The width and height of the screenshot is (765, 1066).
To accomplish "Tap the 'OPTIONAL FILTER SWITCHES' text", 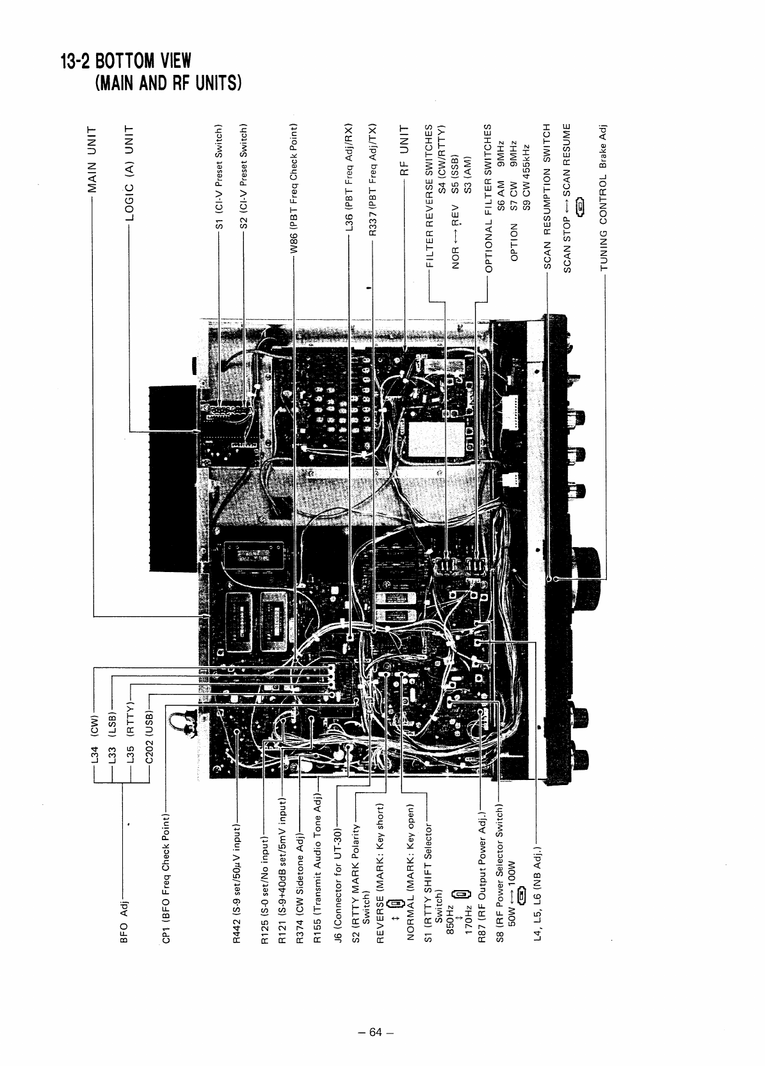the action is coord(488,198).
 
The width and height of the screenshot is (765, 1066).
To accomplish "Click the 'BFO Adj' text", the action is coord(125,921).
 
